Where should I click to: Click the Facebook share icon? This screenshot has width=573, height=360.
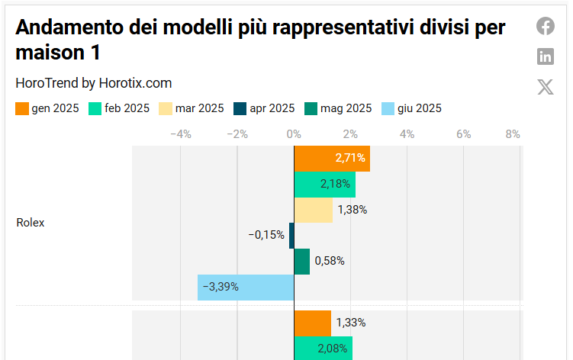[x=545, y=26]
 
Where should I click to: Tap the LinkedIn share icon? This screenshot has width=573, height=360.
[x=545, y=56]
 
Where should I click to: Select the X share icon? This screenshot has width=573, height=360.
[x=545, y=86]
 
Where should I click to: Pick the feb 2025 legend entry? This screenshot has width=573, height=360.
[x=119, y=108]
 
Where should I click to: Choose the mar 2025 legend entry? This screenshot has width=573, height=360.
[x=191, y=108]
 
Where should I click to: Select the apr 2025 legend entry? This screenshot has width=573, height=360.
[x=264, y=108]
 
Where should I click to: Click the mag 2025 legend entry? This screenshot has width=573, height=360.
[x=338, y=108]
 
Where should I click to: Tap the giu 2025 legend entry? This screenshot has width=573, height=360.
[x=411, y=108]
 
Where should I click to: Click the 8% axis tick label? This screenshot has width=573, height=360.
[x=513, y=134]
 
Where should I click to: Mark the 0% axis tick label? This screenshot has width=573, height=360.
[x=294, y=134]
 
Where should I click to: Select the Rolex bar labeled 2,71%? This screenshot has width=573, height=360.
[x=332, y=159]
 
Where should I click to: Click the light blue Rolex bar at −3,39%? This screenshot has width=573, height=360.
[x=246, y=287]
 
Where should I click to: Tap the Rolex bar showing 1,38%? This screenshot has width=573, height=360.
[x=313, y=210]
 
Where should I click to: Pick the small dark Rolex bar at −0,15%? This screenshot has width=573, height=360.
[x=291, y=235]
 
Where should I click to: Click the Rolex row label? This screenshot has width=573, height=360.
[x=31, y=223]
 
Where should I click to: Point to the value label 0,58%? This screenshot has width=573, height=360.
[x=330, y=261]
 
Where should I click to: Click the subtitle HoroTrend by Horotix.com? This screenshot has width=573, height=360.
[x=94, y=83]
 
